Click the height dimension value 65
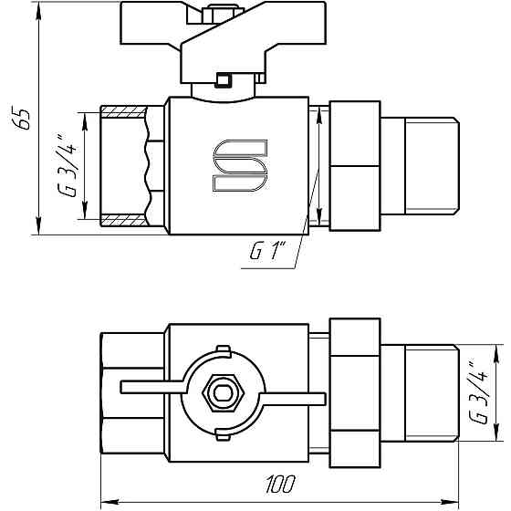point(25,120)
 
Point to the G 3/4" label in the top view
point(474,393)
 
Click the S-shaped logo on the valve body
point(240,167)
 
